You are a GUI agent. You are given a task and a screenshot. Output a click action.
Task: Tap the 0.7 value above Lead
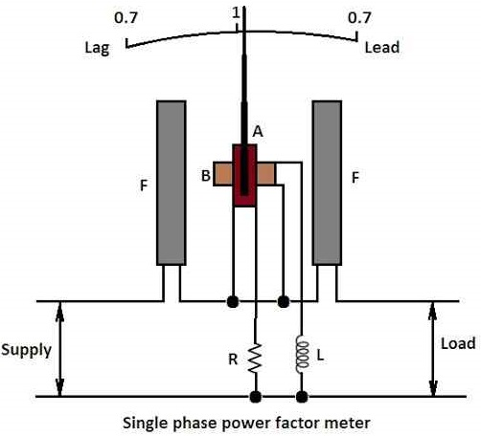359,18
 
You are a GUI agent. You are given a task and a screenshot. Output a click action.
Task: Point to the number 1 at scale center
235,12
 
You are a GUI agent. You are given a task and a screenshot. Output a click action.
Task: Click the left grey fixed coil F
171,182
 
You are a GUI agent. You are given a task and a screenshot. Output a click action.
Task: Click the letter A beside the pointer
257,131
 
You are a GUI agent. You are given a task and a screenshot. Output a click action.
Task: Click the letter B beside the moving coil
205,175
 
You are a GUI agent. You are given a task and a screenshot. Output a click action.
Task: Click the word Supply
26,350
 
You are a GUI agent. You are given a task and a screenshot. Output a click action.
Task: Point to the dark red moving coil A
245,176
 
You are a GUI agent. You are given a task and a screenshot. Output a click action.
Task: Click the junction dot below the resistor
255,396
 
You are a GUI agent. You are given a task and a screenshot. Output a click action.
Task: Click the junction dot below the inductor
303,396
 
